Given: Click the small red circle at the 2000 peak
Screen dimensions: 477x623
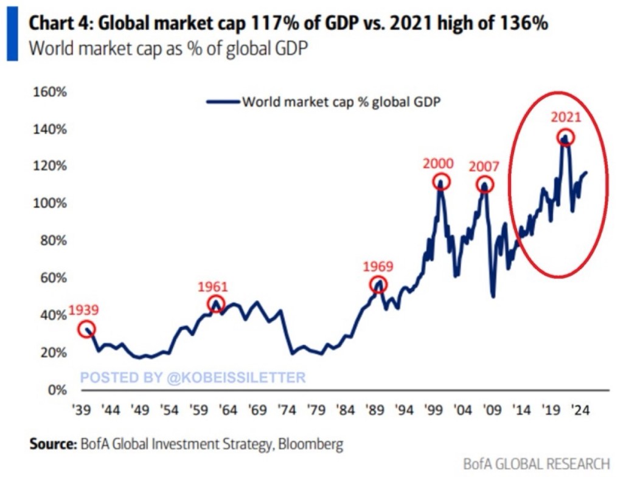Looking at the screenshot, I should coord(442,181).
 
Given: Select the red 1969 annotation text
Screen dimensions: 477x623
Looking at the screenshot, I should coord(378,266).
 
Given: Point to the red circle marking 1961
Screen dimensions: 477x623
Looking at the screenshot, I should coord(216,304).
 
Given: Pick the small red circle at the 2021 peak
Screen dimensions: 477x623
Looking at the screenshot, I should coord(566,138).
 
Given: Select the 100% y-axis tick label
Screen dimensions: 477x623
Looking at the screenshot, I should coord(48,204).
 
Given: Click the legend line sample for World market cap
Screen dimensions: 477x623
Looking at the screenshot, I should coord(223,101).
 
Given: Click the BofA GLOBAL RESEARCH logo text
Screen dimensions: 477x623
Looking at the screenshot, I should coord(536,464).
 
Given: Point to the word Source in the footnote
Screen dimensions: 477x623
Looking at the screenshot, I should coord(52,444).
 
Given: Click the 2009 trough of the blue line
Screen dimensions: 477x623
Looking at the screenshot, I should coord(492,296).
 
